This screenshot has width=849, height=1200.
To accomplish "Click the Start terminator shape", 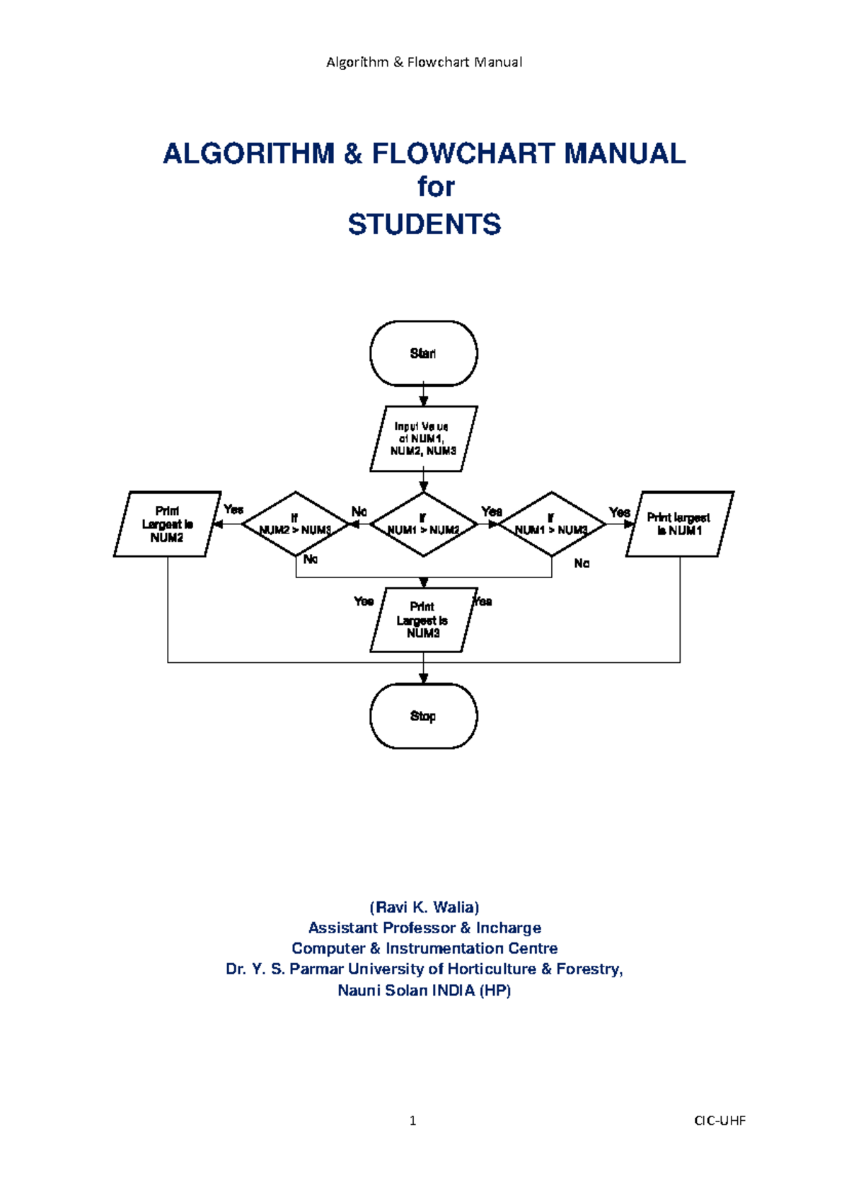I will click(423, 353).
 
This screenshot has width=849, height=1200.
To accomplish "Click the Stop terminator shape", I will click(423, 716).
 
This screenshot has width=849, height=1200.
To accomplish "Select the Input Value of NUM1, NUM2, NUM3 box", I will click(423, 439).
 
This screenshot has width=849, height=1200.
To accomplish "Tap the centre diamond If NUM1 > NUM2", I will click(423, 524).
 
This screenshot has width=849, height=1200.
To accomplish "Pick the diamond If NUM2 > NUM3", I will click(296, 524).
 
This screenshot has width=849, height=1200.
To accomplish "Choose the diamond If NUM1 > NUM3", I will click(551, 524).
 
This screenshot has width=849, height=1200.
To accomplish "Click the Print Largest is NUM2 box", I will click(167, 524).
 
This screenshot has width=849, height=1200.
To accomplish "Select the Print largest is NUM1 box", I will click(679, 524).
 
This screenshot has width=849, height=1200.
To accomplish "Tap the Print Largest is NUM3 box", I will click(423, 620).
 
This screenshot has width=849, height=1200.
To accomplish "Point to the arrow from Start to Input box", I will click(423, 396).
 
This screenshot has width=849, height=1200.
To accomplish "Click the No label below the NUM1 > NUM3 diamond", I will click(582, 563).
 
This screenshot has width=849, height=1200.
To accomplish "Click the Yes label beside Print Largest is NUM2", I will click(233, 509).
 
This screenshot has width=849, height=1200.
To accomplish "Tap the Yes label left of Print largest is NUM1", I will click(619, 512).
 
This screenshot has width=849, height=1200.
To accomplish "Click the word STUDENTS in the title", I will click(424, 224).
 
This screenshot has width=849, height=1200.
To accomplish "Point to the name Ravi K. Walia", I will click(424, 907).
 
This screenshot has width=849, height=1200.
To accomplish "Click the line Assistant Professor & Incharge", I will click(424, 928).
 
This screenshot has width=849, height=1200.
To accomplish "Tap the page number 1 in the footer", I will click(412, 1120).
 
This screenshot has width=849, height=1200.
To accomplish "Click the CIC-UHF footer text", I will click(720, 1120).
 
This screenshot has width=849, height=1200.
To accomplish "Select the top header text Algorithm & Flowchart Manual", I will click(424, 62).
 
